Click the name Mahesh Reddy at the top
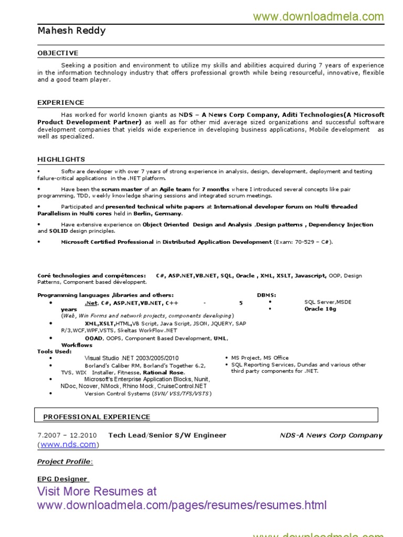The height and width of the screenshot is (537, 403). pos(71,31)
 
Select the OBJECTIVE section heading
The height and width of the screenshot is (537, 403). pos(58,53)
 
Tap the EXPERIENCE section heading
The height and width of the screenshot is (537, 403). pos(60,102)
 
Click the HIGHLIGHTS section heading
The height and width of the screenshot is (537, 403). pos(61,159)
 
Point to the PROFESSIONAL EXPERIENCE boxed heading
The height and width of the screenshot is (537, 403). pos(97,417)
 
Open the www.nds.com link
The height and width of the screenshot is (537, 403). pos(68,445)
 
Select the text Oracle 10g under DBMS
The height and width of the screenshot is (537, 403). pos(320,309)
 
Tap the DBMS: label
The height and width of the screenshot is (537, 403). pos(266,295)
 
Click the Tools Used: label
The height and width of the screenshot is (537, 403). pos(54,351)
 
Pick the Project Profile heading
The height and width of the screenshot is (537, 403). pos(65,462)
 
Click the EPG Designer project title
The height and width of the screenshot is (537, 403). pos(62,479)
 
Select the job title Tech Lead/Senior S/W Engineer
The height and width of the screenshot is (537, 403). pos(167,435)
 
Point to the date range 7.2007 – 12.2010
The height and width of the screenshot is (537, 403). pos(67,435)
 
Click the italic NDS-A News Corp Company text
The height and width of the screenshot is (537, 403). pos(331,435)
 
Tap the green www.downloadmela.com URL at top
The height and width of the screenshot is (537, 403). pos(319,17)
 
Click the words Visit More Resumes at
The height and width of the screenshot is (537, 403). pos(97,491)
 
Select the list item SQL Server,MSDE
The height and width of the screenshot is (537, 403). pos(328,302)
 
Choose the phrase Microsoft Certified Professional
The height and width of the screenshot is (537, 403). pos(107,242)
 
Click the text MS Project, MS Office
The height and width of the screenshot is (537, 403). pos(260,358)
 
